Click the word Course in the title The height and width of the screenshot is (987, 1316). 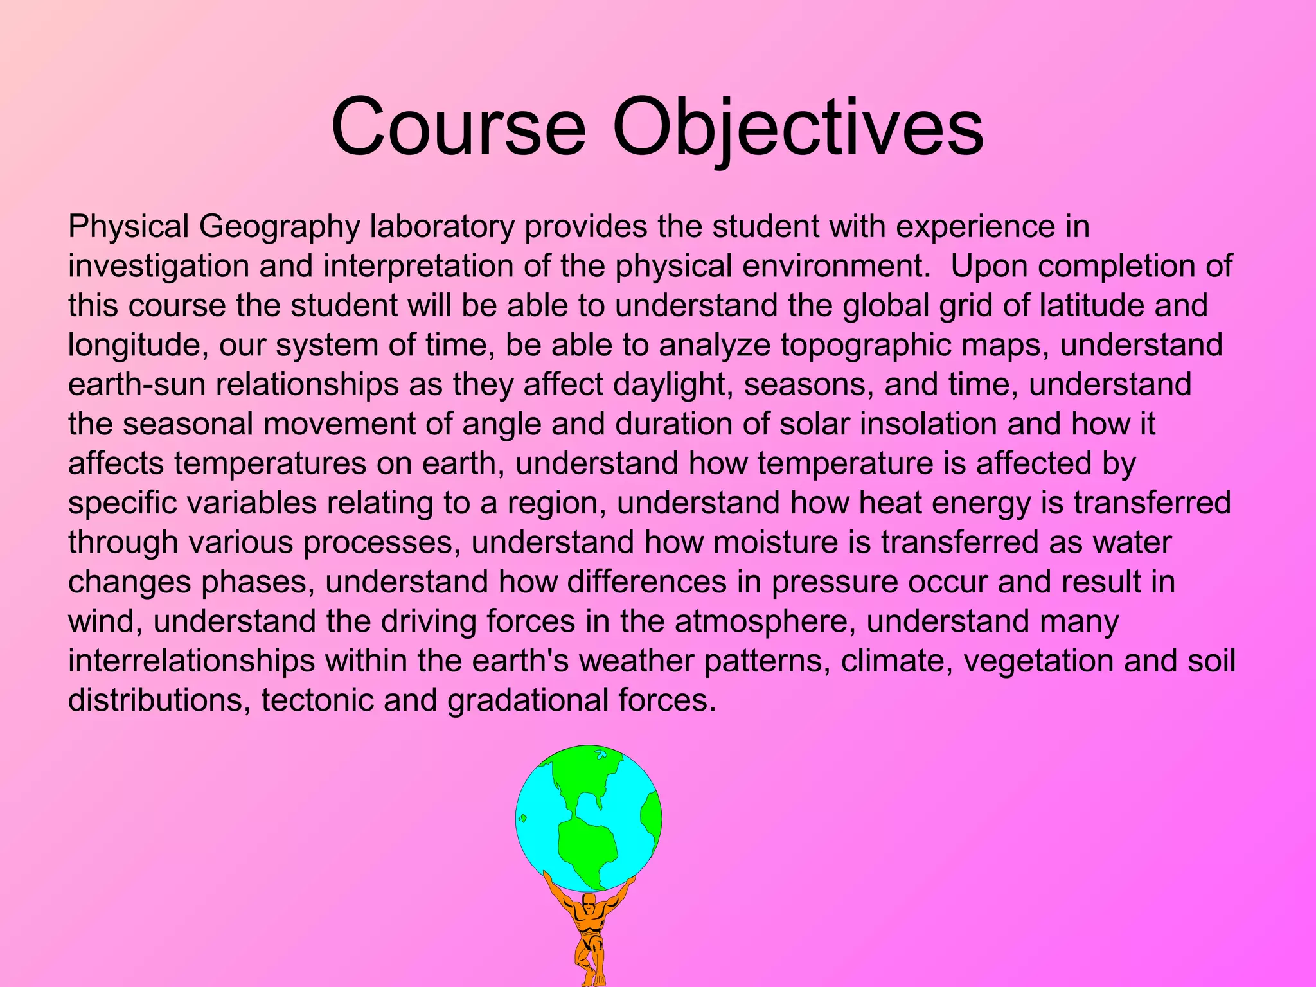click(458, 126)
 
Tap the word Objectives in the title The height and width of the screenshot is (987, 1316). click(797, 126)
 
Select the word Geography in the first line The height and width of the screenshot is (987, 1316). click(279, 227)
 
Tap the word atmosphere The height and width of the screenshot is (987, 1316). click(765, 621)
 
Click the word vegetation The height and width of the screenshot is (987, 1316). click(1038, 661)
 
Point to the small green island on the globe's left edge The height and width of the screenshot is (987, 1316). click(523, 818)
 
